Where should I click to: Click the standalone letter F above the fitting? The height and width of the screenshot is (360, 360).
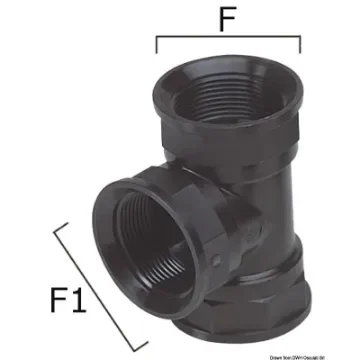(228, 19)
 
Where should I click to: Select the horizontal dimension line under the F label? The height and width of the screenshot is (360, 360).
(228, 40)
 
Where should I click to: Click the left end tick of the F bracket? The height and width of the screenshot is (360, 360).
(158, 46)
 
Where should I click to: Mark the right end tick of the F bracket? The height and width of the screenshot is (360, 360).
(299, 46)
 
